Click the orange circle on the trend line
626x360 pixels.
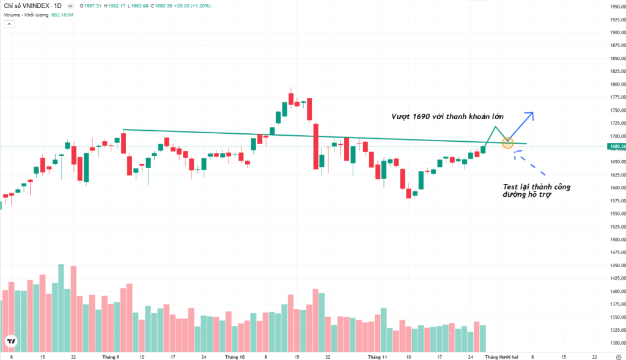(507, 143)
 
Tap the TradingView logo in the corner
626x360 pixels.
(10, 341)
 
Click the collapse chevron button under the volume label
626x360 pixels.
(9, 24)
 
